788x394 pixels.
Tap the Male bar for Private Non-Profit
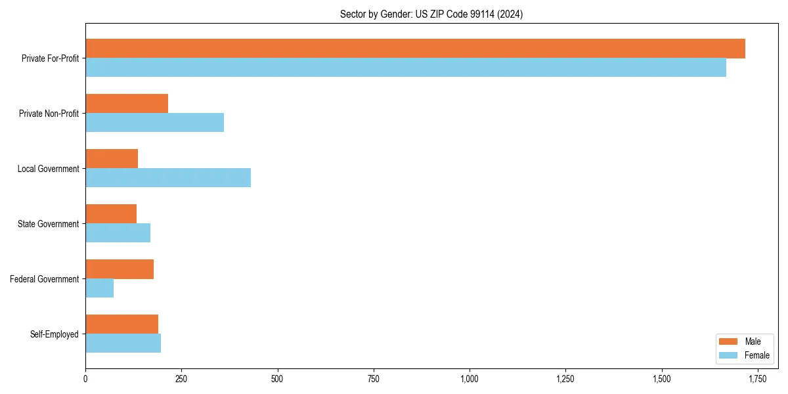127,104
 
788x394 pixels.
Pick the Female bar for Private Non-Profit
154,123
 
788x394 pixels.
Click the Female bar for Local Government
168,178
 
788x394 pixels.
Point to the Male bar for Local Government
112,159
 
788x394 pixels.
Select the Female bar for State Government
118,233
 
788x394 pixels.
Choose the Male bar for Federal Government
120,269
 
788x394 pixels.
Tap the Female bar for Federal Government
99,288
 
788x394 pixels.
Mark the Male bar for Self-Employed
121,324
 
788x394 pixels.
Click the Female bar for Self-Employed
123,343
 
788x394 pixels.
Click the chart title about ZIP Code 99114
431,14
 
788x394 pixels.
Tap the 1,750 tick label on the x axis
757,379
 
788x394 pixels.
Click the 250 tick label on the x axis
181,379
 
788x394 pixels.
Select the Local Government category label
48,169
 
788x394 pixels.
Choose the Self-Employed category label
54,334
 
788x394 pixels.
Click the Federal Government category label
44,279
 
